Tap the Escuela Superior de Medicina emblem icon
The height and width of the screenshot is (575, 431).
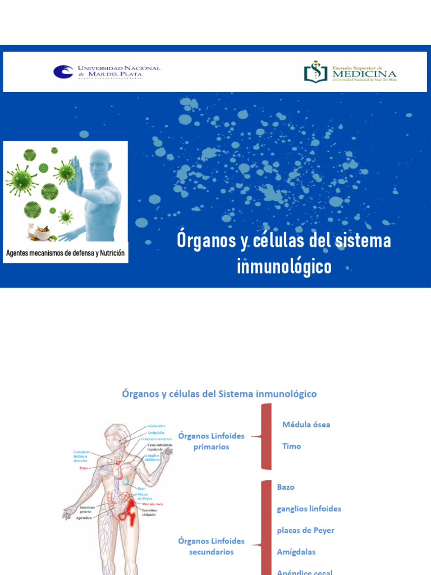pos(315,72)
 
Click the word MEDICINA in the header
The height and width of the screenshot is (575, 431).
pos(364,74)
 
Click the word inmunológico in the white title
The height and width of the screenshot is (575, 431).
pos(284,267)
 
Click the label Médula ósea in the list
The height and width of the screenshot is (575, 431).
pos(306,425)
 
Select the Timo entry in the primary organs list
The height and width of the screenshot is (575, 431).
pos(291,446)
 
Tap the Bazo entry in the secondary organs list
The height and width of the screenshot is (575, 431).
pos(286,487)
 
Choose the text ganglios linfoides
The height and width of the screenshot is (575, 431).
pos(309,509)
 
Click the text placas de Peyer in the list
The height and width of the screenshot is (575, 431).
pos(305,531)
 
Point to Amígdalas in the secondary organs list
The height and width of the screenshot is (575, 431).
pos(296,552)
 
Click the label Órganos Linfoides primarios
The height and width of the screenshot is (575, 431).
pos(211,441)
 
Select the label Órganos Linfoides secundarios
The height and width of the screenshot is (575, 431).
pos(211,546)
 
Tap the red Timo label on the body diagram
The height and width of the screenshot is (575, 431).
pos(84,468)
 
